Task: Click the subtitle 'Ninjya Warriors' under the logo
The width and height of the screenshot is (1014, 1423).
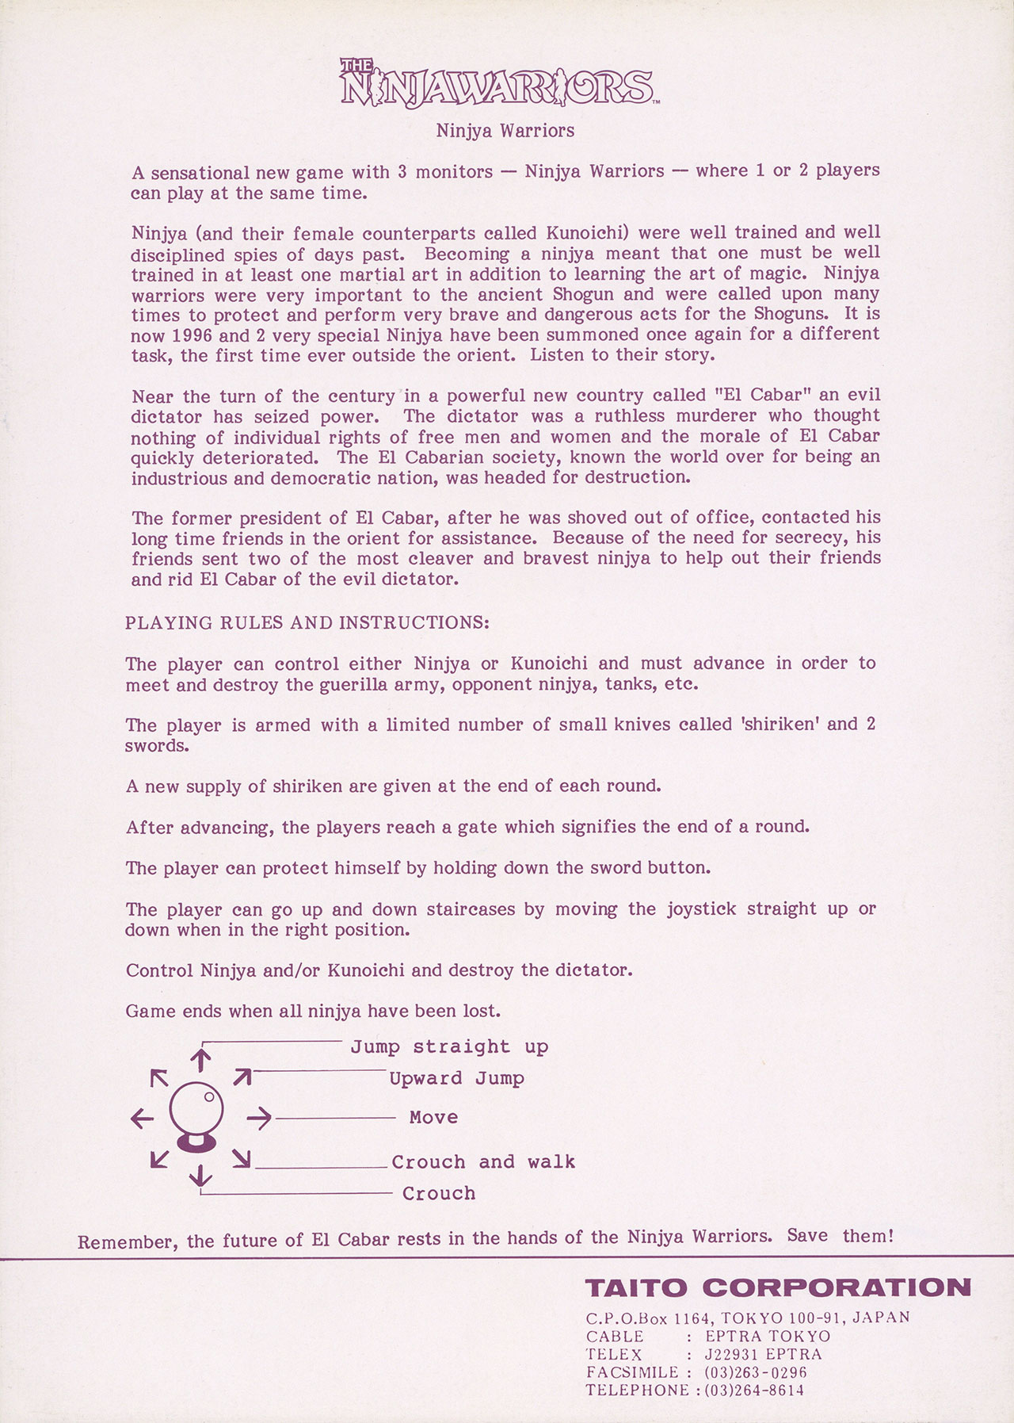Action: [x=505, y=131]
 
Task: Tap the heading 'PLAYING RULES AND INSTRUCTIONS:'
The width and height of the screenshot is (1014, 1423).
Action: [x=307, y=622]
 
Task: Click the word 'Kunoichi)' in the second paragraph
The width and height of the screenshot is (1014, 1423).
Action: [x=588, y=233]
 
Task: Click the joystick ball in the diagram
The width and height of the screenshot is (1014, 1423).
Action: [x=196, y=1109]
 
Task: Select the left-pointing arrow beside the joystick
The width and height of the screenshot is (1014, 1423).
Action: [x=143, y=1119]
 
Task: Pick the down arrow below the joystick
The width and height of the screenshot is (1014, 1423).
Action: [x=201, y=1174]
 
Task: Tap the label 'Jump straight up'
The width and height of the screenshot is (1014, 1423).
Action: [x=449, y=1047]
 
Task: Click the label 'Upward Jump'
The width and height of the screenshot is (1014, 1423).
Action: [x=456, y=1079]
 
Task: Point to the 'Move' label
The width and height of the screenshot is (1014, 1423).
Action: [x=433, y=1118]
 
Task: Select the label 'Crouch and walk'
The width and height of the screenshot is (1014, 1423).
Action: [x=483, y=1162]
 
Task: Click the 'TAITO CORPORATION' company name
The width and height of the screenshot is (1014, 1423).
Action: [x=778, y=1287]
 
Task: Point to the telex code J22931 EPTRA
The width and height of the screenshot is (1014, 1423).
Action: [x=763, y=1354]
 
